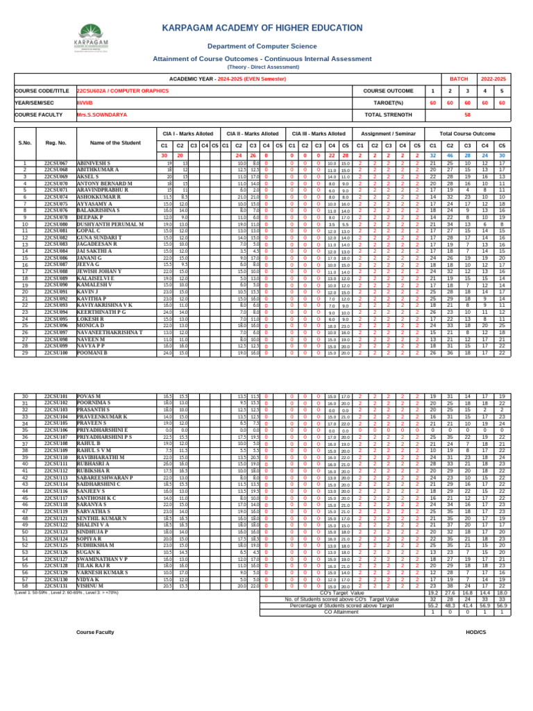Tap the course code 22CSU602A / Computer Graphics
pos(122,91)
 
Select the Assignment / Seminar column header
pos(387,133)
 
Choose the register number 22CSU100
pos(56,353)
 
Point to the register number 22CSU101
pos(56,396)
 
